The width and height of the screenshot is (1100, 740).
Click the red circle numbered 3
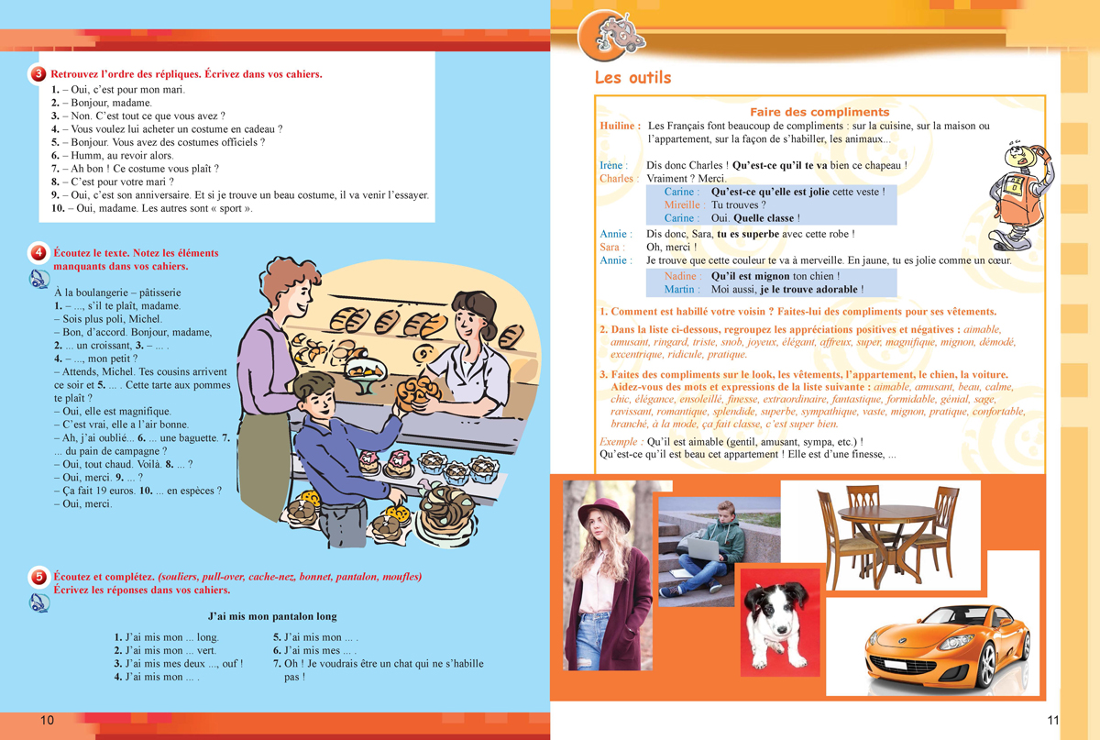[x=38, y=74]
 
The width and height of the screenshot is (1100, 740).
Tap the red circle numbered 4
[x=38, y=253]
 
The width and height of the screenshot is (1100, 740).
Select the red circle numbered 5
[x=38, y=577]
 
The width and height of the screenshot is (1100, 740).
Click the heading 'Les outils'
[x=633, y=78]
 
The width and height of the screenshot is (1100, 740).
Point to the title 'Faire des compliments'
[x=819, y=112]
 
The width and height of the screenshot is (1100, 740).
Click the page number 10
[x=47, y=721]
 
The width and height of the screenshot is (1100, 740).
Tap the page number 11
[x=1053, y=721]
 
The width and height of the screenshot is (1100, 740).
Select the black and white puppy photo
[x=779, y=622]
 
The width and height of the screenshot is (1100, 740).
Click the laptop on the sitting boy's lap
[x=703, y=548]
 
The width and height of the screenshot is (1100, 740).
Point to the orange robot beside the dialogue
[x=1020, y=196]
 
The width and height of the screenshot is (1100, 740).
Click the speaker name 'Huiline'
[x=621, y=126]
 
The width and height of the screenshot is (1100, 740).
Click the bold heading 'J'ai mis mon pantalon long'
[x=272, y=616]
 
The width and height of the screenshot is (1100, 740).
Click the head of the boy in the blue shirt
[x=318, y=394]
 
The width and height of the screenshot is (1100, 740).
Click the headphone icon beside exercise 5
[x=39, y=603]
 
